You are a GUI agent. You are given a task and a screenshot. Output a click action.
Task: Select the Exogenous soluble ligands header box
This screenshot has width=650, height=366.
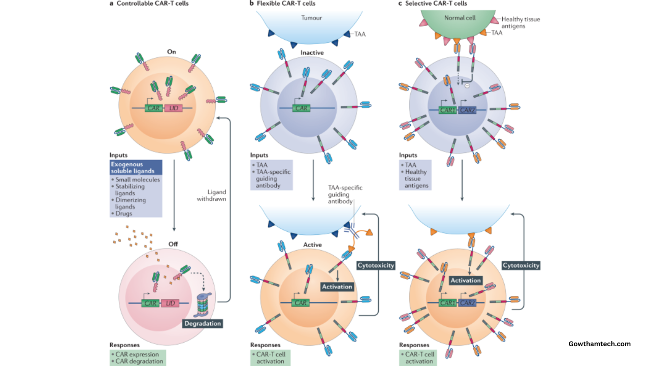click(x=136, y=168)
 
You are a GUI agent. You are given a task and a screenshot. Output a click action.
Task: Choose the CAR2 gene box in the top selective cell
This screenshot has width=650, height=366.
click(x=467, y=109)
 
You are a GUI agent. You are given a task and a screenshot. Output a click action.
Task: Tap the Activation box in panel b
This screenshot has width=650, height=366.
click(x=337, y=287)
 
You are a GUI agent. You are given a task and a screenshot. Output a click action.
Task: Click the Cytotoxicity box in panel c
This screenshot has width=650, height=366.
click(x=521, y=265)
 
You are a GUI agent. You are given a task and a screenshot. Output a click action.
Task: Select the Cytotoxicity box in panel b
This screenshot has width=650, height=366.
click(x=376, y=265)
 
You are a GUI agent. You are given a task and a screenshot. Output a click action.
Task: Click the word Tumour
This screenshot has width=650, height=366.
click(x=312, y=18)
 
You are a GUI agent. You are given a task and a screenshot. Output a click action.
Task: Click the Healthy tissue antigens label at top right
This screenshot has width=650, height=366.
click(x=521, y=23)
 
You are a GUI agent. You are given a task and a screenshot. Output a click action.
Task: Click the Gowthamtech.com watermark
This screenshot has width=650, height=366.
click(x=599, y=344)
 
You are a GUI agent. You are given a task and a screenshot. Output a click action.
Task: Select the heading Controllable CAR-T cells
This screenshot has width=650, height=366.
click(x=146, y=4)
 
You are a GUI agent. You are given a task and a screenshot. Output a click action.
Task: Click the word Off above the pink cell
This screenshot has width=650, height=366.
click(x=174, y=244)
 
